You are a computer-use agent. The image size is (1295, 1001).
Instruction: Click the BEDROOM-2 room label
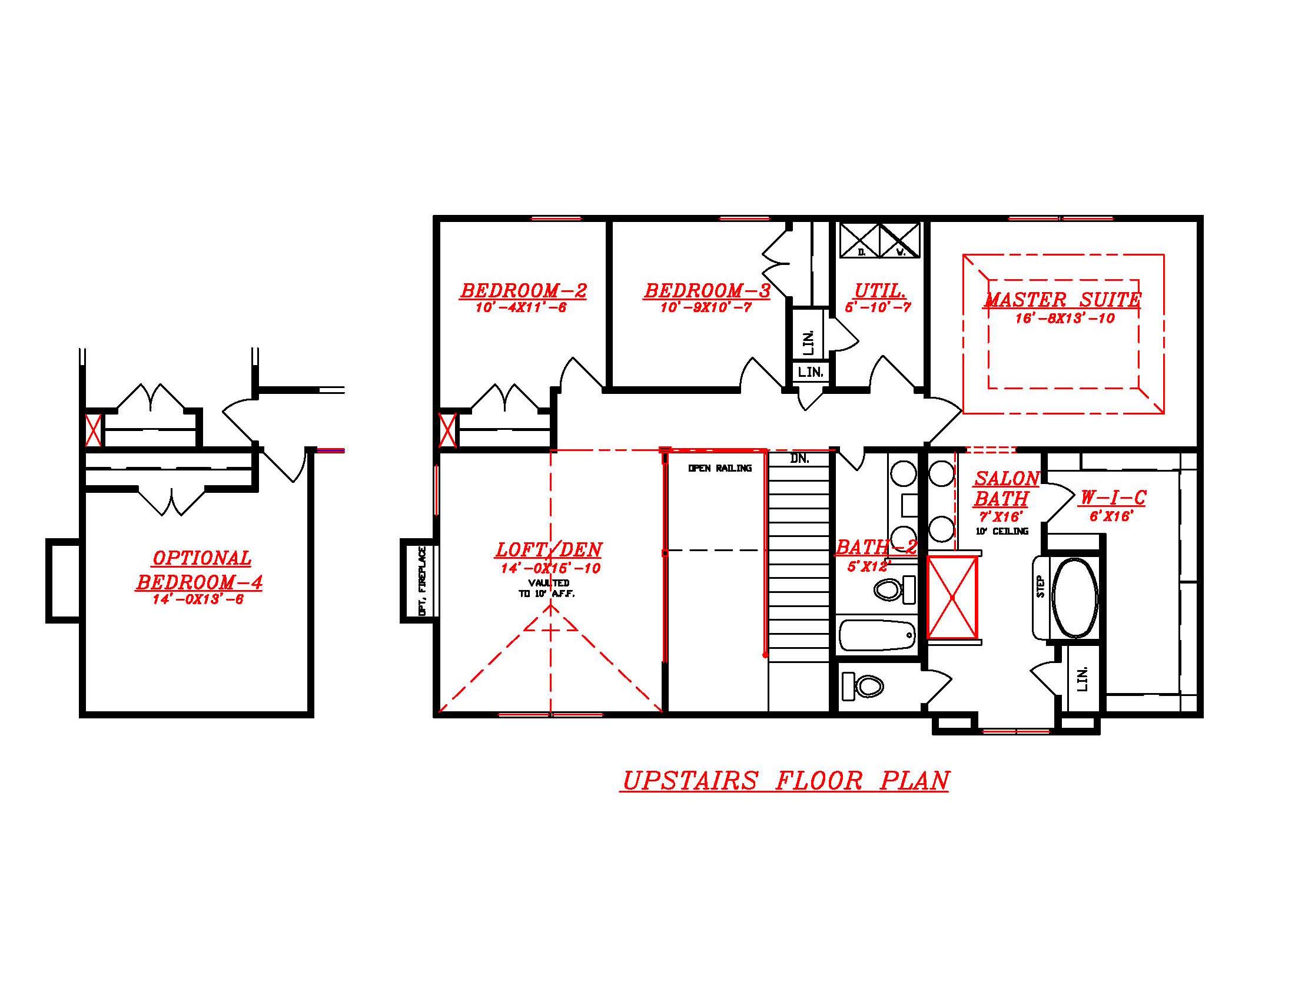[x=523, y=290]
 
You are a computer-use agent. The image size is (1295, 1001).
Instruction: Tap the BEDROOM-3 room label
[x=707, y=290]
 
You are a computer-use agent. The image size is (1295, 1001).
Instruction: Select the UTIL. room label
[x=879, y=290]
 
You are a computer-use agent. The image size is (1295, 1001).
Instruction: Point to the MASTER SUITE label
[x=1062, y=300]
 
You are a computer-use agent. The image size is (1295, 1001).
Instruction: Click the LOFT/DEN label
[x=549, y=550]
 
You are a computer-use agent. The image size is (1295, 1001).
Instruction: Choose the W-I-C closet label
[x=1112, y=498]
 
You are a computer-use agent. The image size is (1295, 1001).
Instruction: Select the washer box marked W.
[x=900, y=241]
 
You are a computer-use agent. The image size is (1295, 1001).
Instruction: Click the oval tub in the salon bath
[x=1074, y=598]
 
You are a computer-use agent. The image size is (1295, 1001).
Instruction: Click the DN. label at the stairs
[x=799, y=458]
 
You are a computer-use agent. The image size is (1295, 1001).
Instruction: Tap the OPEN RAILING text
[x=719, y=468]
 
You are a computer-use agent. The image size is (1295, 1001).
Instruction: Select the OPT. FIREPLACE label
[x=422, y=581]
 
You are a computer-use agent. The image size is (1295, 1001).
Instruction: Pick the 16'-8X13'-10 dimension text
[x=1065, y=319]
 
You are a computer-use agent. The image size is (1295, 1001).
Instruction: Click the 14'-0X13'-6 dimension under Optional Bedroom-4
[x=198, y=599]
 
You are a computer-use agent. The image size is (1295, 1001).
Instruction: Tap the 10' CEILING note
[x=1002, y=531]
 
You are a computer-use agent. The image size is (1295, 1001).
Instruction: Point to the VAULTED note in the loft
[x=549, y=583]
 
